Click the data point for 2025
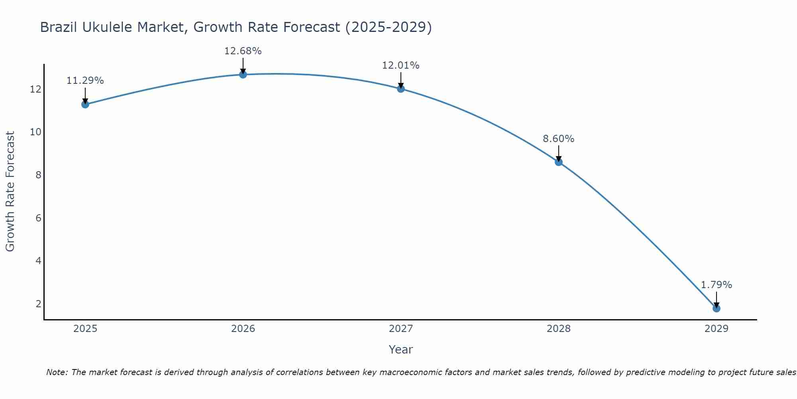[x=85, y=104]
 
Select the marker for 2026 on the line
[x=243, y=74]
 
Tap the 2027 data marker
[x=400, y=89]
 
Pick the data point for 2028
[x=558, y=162]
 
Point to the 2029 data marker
[x=716, y=308]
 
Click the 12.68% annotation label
[x=243, y=51]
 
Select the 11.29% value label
[x=85, y=81]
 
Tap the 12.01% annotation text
[x=400, y=65]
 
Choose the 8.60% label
[x=558, y=139]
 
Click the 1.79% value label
[x=716, y=285]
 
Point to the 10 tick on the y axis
[x=35, y=132]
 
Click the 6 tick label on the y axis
[x=38, y=218]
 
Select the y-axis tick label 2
[x=38, y=304]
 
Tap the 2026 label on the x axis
[x=243, y=329]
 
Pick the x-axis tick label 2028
[x=558, y=329]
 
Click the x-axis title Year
[x=400, y=350]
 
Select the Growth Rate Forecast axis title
[x=10, y=192]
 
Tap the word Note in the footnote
[x=57, y=372]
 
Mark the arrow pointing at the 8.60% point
[x=558, y=153]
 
